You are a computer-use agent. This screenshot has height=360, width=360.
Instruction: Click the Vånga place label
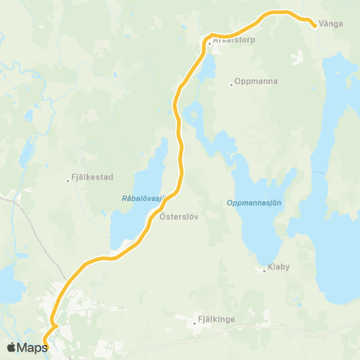tap(331, 24)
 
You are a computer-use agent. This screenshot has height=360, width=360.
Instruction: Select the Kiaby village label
tap(279, 267)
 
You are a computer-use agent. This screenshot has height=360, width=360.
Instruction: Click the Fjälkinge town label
tap(217, 319)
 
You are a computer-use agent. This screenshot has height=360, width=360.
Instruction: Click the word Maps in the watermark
tap(33, 346)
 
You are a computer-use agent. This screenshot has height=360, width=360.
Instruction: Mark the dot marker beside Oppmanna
tap(231, 85)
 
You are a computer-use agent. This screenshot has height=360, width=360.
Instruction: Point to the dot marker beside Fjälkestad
tap(67, 178)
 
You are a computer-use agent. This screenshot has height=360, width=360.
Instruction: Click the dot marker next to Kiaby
tap(265, 271)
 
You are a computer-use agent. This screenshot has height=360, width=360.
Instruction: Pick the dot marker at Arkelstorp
tap(209, 43)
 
